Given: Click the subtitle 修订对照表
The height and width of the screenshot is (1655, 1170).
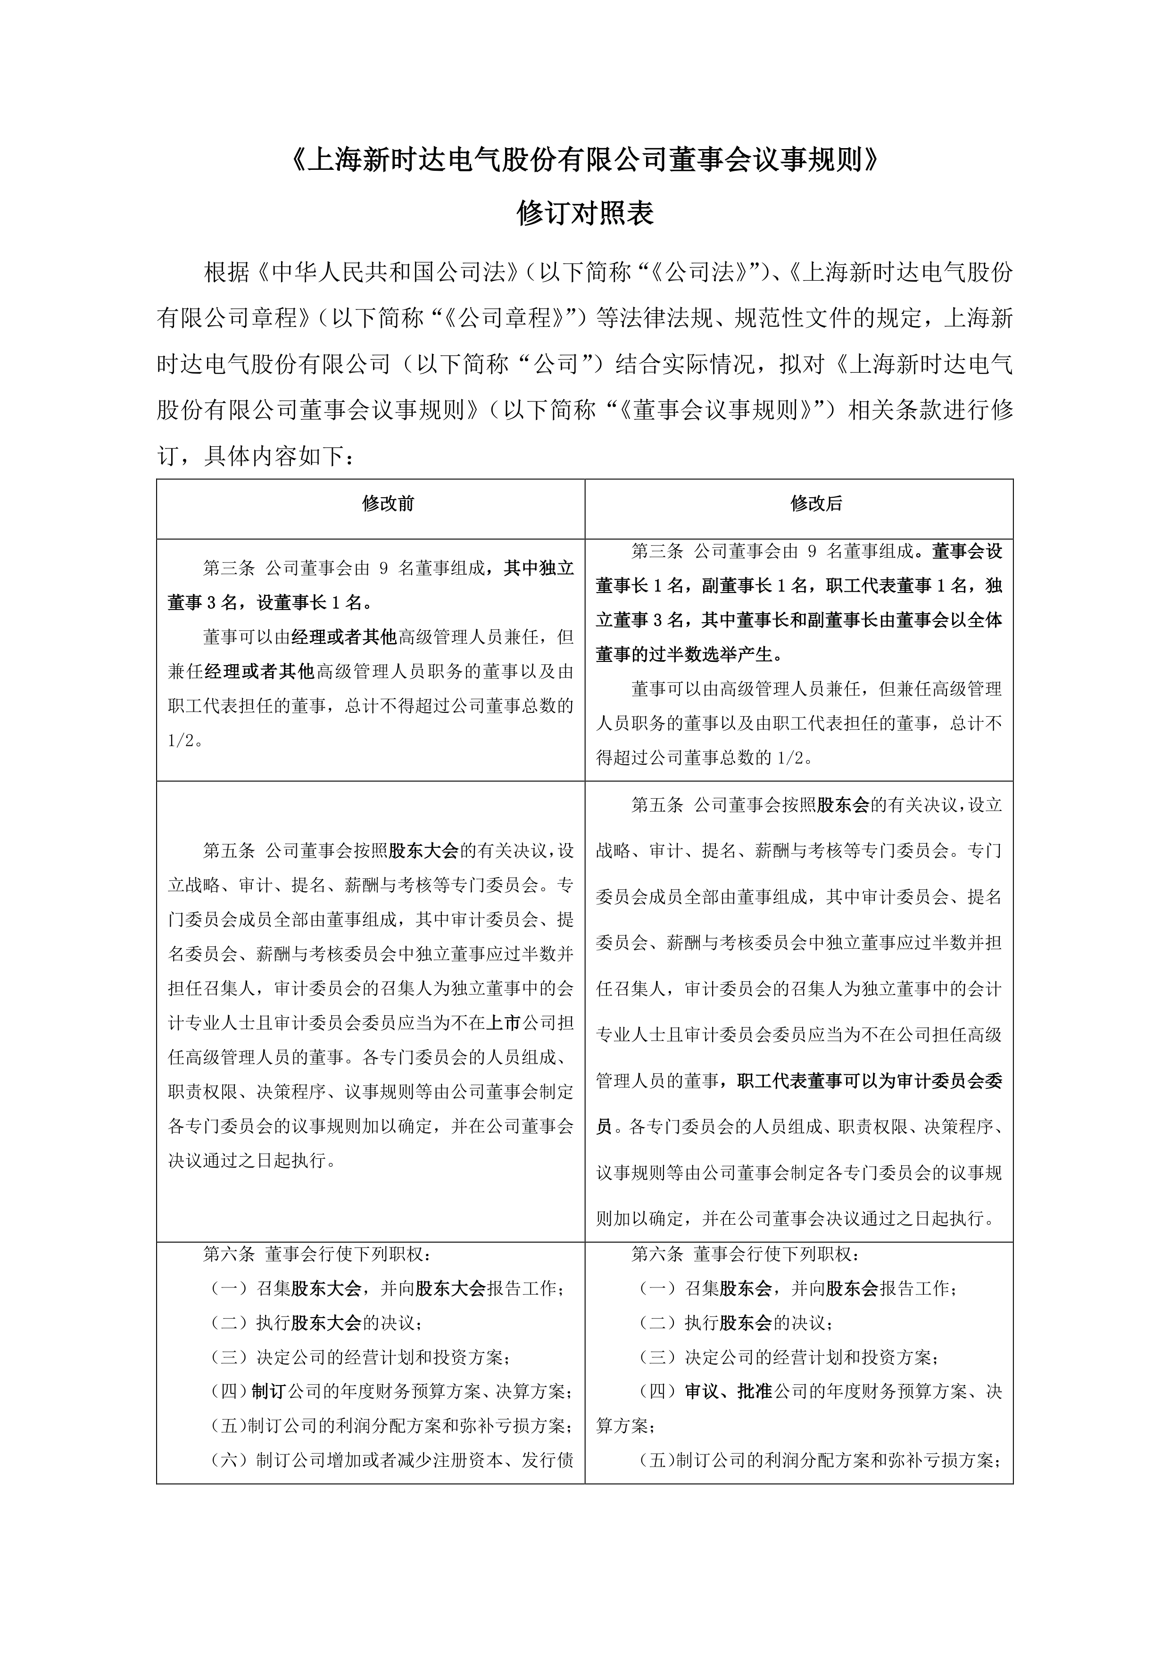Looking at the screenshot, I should pos(584,214).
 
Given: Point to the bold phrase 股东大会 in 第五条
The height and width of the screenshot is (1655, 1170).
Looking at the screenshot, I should pos(423,851).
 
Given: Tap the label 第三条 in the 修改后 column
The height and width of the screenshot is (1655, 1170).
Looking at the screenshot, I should pos(657,552).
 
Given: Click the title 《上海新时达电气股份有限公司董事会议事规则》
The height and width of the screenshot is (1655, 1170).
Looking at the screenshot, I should pos(584,161).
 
